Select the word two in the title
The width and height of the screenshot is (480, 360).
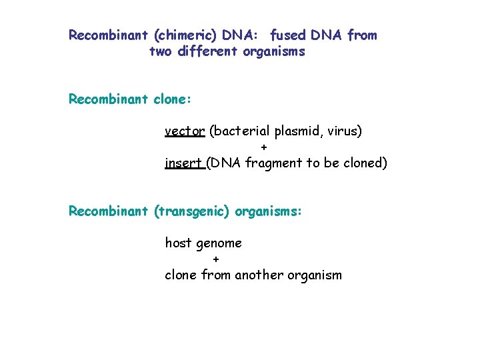tap(160, 51)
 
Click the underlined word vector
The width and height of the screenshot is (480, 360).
tap(185, 131)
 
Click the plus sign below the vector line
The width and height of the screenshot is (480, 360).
tap(264, 147)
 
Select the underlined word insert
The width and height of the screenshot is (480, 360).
tap(184, 163)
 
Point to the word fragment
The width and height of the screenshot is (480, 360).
tap(274, 163)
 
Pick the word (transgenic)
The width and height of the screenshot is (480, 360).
tap(191, 211)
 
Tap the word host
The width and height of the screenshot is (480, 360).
tap(178, 243)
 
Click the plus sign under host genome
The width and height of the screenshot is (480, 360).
tap(215, 259)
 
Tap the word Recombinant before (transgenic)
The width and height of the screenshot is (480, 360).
tap(109, 211)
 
